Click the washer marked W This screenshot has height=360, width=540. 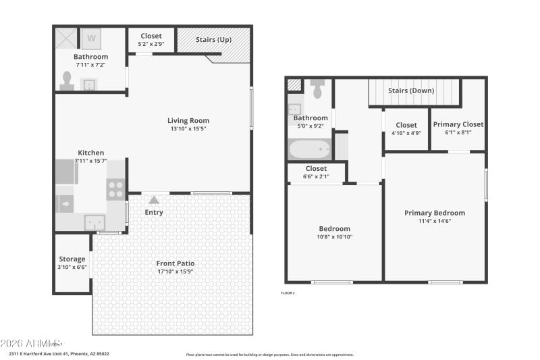pyautogui.click(x=91, y=38)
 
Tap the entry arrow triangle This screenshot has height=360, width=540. pyautogui.click(x=154, y=200)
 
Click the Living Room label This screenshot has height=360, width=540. pyautogui.click(x=188, y=121)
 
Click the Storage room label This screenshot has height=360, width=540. pyautogui.click(x=72, y=259)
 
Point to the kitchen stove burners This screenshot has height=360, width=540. pyautogui.click(x=115, y=189)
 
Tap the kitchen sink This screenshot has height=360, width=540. pyautogui.click(x=94, y=222)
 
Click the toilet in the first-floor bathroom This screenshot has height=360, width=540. pyautogui.click(x=67, y=81)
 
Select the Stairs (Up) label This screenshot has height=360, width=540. pyautogui.click(x=213, y=39)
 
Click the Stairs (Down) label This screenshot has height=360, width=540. pyautogui.click(x=411, y=91)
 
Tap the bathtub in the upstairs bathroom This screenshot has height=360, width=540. pyautogui.click(x=309, y=149)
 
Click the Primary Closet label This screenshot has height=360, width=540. pyautogui.click(x=458, y=124)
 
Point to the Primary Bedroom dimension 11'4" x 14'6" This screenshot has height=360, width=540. pyautogui.click(x=435, y=221)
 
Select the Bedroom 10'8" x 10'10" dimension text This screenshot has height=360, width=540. pyautogui.click(x=334, y=237)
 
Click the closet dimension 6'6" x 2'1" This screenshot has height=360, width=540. pyautogui.click(x=316, y=177)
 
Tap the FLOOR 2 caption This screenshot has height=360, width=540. pyautogui.click(x=288, y=292)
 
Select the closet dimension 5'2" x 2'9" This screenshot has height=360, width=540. pyautogui.click(x=151, y=45)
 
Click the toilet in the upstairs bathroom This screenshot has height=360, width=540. pyautogui.click(x=317, y=86)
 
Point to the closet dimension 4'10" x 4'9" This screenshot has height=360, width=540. pyautogui.click(x=406, y=133)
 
